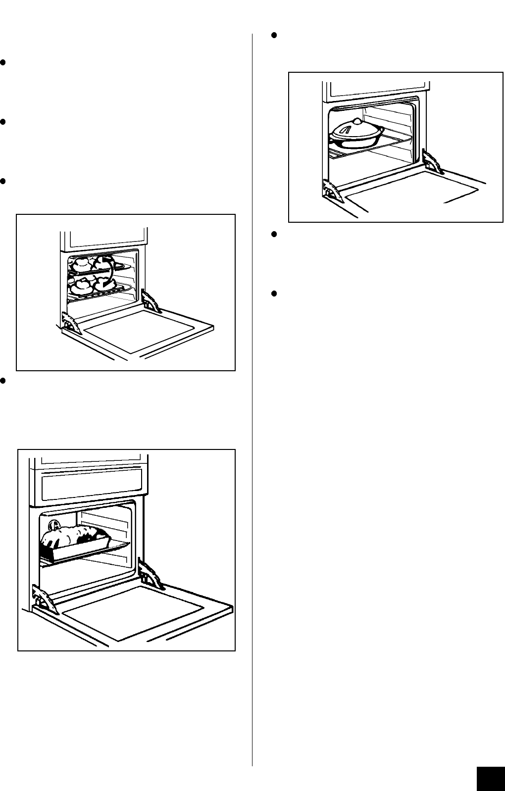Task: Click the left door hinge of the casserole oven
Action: click(331, 191)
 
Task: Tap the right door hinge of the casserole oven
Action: click(432, 162)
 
